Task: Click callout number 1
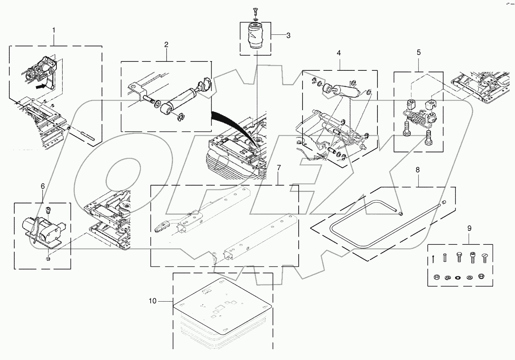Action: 54,30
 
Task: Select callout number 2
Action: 166,45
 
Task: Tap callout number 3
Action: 288,36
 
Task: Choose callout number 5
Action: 419,53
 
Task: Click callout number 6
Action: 42,186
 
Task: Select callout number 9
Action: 469,229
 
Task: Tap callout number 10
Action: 153,301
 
